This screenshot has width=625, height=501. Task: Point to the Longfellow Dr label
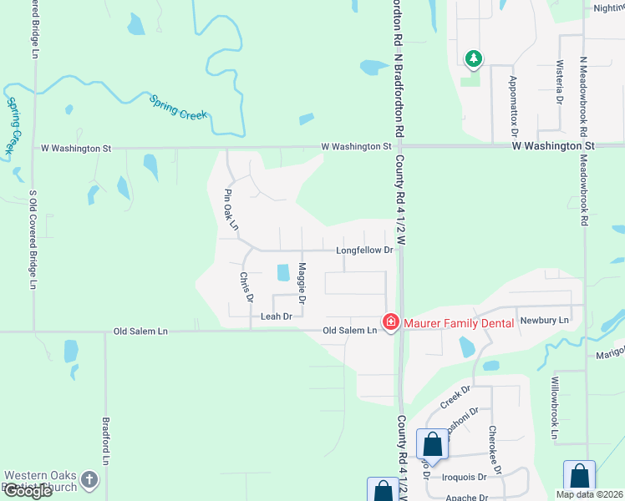[364, 250]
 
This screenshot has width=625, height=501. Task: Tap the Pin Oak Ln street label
[231, 209]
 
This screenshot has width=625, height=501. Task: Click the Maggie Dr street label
[302, 282]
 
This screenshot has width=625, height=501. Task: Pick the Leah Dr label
[276, 316]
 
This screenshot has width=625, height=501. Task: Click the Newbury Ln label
[544, 320]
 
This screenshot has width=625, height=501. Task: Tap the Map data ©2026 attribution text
[588, 494]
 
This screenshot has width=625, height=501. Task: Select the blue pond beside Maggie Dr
[282, 272]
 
